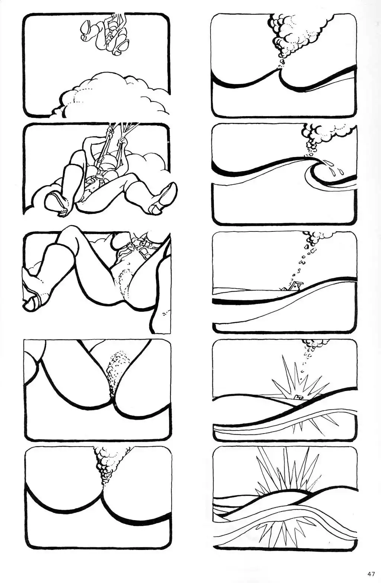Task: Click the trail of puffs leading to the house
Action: tap(302, 264)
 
